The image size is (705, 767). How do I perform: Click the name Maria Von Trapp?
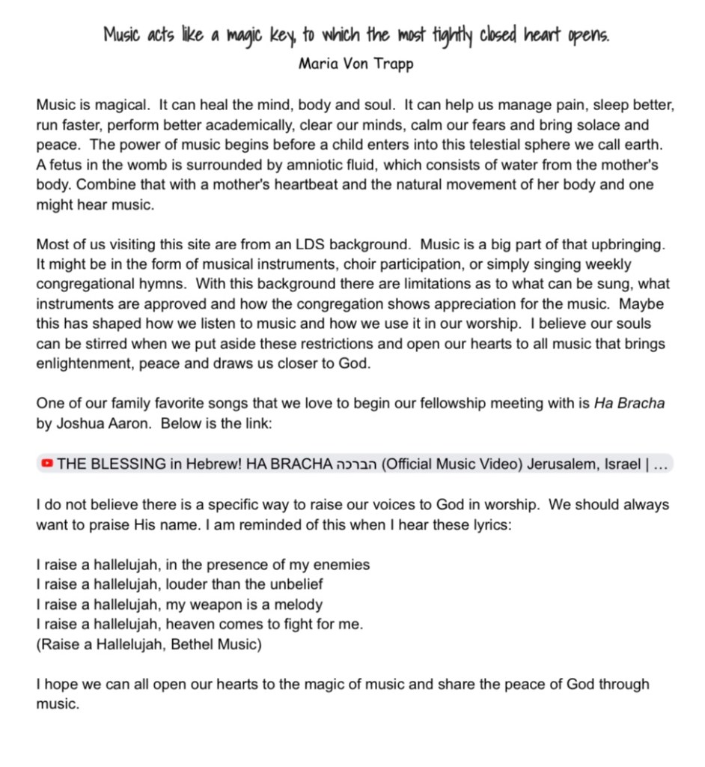355,63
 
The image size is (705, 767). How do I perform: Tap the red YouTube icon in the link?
47,464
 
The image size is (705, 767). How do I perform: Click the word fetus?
66,165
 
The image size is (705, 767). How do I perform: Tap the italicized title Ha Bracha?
629,404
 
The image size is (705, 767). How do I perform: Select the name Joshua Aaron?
94,423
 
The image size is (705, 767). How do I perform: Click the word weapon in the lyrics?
218,604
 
